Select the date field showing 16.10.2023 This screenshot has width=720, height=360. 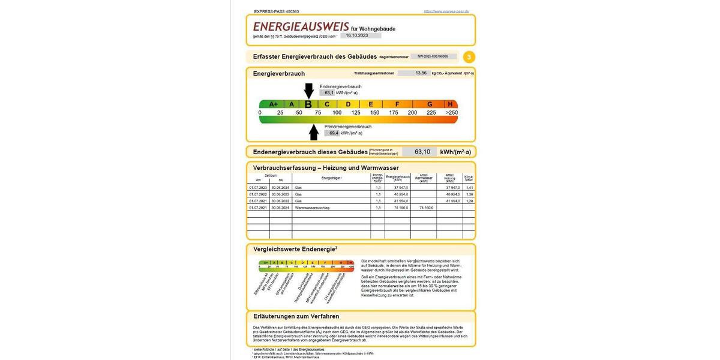click(361, 35)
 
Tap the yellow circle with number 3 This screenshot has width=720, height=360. click(469, 57)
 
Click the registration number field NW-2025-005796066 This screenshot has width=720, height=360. click(433, 56)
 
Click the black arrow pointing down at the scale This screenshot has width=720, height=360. click(308, 90)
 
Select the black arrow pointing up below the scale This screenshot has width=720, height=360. click(314, 131)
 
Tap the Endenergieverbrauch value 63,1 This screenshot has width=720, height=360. click(329, 93)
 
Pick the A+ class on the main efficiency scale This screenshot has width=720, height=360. click(273, 104)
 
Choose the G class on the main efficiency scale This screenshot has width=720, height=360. click(430, 104)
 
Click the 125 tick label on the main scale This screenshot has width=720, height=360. click(356, 113)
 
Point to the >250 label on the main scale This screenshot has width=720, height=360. click(451, 113)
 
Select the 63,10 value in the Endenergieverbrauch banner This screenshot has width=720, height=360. click(422, 152)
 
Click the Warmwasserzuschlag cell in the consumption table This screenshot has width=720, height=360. click(312, 208)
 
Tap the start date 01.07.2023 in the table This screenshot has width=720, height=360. click(258, 188)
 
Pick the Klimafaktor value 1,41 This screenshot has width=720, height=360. click(469, 188)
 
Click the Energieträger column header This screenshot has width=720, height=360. click(331, 178)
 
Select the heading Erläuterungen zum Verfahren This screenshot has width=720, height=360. click(296, 316)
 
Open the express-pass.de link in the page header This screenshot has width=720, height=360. click(446, 11)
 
